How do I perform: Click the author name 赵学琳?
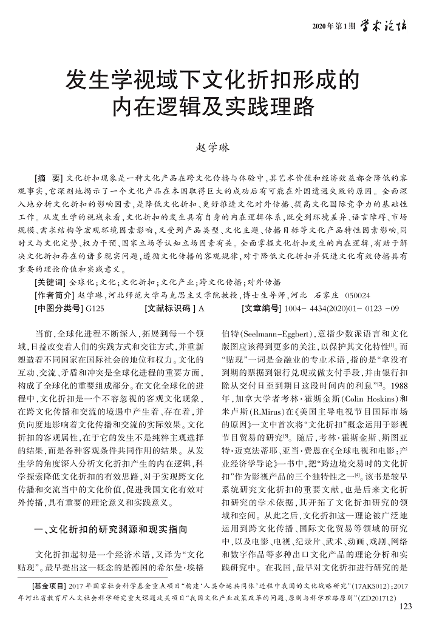[212, 147]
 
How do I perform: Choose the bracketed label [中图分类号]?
[58, 309]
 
